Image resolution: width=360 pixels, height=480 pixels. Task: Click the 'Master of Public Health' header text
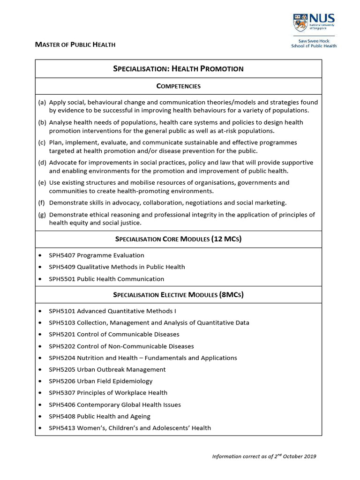click(75, 45)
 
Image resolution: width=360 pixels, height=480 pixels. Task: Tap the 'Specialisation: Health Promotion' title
click(178, 69)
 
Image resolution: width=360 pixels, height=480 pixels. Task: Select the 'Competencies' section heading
click(178, 86)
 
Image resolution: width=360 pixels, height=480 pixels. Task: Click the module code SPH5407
click(62, 255)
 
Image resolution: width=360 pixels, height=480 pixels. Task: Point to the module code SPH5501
click(62, 279)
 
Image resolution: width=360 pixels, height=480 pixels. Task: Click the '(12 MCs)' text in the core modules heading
click(226, 239)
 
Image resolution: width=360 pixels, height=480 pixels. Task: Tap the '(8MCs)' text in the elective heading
click(231, 295)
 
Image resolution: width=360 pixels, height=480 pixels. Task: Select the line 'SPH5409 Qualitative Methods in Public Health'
click(117, 267)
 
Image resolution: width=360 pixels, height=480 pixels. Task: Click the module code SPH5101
click(62, 311)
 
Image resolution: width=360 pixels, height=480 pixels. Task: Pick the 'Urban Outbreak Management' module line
click(107, 369)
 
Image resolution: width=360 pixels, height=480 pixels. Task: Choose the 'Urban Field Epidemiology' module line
click(101, 381)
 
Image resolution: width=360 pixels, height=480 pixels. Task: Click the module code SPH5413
click(62, 428)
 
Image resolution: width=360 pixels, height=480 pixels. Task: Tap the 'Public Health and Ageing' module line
click(100, 416)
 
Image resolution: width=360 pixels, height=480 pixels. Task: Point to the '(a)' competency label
click(42, 102)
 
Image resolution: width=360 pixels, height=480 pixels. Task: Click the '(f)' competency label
click(42, 202)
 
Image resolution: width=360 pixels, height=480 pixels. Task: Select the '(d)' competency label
click(42, 163)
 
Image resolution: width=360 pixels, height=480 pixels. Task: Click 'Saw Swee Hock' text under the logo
click(314, 41)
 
